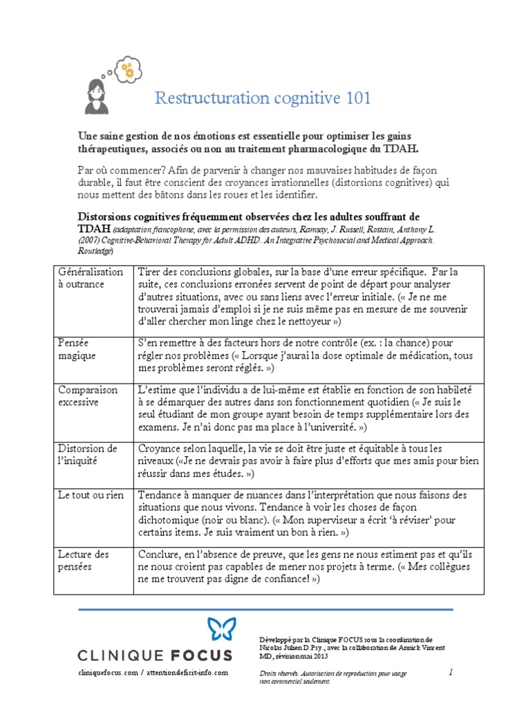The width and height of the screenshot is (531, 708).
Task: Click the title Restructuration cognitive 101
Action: (263, 98)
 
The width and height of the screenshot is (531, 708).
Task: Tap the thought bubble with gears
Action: (129, 69)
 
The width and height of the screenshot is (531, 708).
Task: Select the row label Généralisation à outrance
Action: (91, 277)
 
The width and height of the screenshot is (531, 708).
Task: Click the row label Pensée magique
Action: (77, 348)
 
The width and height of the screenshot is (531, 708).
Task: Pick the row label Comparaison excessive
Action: (88, 395)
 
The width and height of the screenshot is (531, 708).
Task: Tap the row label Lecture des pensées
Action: (83, 560)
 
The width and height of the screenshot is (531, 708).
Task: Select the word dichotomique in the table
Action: (171, 520)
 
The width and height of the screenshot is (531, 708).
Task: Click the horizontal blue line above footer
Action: (265, 609)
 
